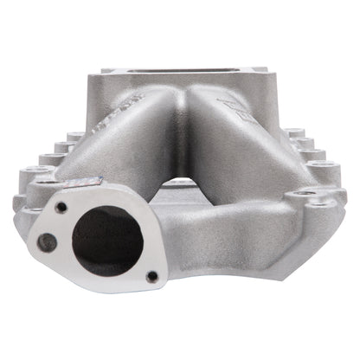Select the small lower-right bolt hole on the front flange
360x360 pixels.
point(152,276)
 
